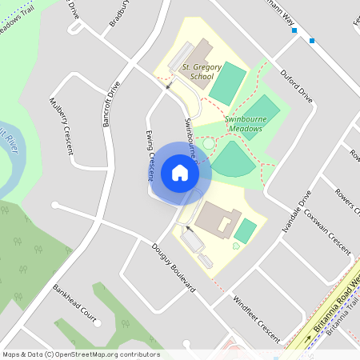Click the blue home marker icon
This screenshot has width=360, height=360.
[x=179, y=172]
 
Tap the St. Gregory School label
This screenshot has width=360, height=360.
[x=198, y=72]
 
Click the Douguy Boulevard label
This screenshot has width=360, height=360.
[x=174, y=267]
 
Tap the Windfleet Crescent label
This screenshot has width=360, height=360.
[x=256, y=319]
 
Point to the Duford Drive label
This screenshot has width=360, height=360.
[x=295, y=85]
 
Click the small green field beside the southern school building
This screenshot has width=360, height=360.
[x=246, y=231]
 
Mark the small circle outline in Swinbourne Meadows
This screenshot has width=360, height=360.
[x=210, y=145]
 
